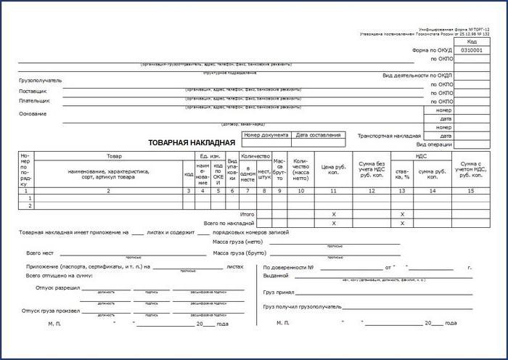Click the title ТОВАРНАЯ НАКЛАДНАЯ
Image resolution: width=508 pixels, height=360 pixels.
(x=192, y=142)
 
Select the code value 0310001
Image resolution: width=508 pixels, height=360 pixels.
(x=472, y=51)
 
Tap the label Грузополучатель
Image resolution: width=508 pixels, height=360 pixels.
(x=41, y=80)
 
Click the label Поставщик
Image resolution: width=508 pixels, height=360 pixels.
(x=34, y=91)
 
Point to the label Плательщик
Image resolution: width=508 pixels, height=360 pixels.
(x=36, y=102)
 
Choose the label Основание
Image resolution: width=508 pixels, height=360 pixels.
(x=33, y=114)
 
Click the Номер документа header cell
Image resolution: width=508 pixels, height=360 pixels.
(x=266, y=135)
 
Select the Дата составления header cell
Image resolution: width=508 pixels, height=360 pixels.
(x=318, y=135)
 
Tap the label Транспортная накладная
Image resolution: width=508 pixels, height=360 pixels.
(x=390, y=136)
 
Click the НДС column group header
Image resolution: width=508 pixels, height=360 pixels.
(x=421, y=156)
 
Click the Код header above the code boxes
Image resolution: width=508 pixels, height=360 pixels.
(x=472, y=42)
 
